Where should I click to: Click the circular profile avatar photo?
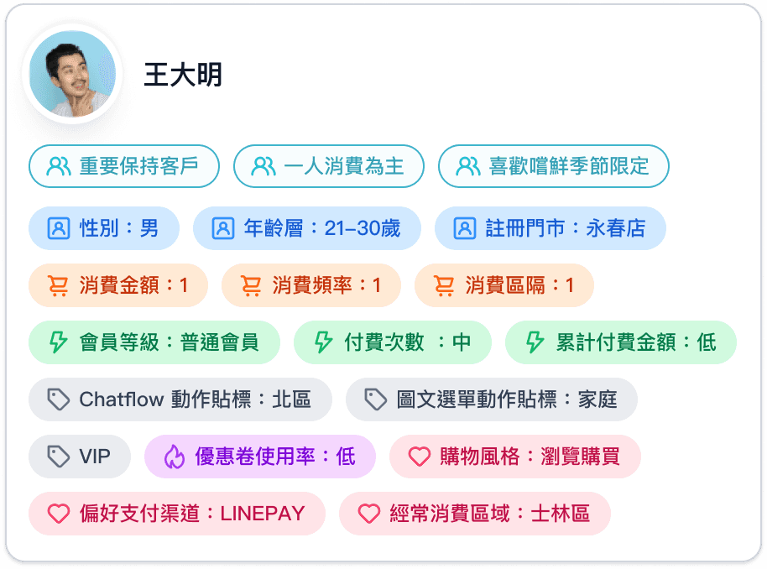pyautogui.click(x=72, y=74)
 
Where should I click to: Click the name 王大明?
pyautogui.click(x=183, y=75)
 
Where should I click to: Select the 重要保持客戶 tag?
pyautogui.click(x=123, y=166)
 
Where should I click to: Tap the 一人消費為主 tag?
pyautogui.click(x=328, y=166)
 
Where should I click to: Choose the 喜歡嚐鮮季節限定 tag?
pyautogui.click(x=553, y=166)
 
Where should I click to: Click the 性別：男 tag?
pyautogui.click(x=104, y=228)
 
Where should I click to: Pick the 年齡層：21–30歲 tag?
pyautogui.click(x=306, y=228)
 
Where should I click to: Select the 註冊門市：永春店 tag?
pyautogui.click(x=550, y=228)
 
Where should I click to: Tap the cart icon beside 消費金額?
pyautogui.click(x=58, y=286)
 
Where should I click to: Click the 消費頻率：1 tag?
pyautogui.click(x=310, y=286)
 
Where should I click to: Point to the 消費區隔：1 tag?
pyautogui.click(x=504, y=286)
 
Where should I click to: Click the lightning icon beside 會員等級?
pyautogui.click(x=58, y=342)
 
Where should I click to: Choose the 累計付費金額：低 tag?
pyautogui.click(x=620, y=342)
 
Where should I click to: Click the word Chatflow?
pyautogui.click(x=121, y=399)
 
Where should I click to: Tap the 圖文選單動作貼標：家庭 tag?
pyautogui.click(x=491, y=399)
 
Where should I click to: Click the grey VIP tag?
pyautogui.click(x=80, y=457)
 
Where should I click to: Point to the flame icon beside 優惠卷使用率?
pyautogui.click(x=174, y=457)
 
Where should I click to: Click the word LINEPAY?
pyautogui.click(x=262, y=514)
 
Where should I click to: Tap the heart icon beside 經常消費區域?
pyautogui.click(x=368, y=514)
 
